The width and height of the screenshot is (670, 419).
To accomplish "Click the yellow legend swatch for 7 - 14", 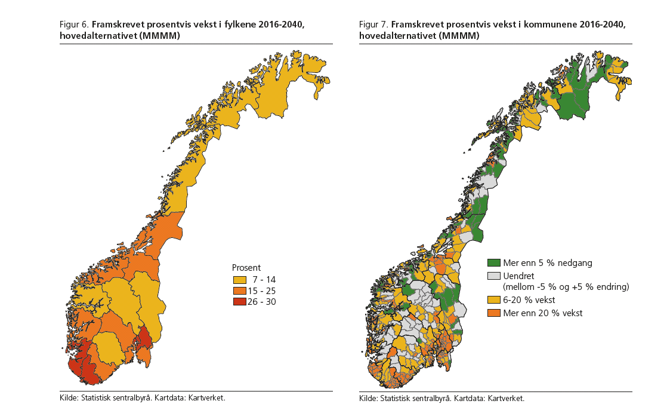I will point(239,280).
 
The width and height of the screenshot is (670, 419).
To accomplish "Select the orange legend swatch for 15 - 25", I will point(239,290).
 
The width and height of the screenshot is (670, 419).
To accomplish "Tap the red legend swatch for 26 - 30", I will point(239,301).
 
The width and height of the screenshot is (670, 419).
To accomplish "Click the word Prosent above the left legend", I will point(246,268).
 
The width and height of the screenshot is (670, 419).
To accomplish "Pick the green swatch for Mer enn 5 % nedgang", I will point(493,263).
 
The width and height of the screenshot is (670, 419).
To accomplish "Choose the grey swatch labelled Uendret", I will point(493,276).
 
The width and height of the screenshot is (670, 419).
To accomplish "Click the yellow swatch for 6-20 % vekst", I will point(493,300).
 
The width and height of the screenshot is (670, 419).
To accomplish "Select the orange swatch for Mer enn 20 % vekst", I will point(493,313).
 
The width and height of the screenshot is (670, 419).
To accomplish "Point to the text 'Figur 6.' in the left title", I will point(74,25).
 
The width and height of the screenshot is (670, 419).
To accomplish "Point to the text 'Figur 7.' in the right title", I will point(373,25).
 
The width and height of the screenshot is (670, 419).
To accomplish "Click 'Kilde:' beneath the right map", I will point(368,399).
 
